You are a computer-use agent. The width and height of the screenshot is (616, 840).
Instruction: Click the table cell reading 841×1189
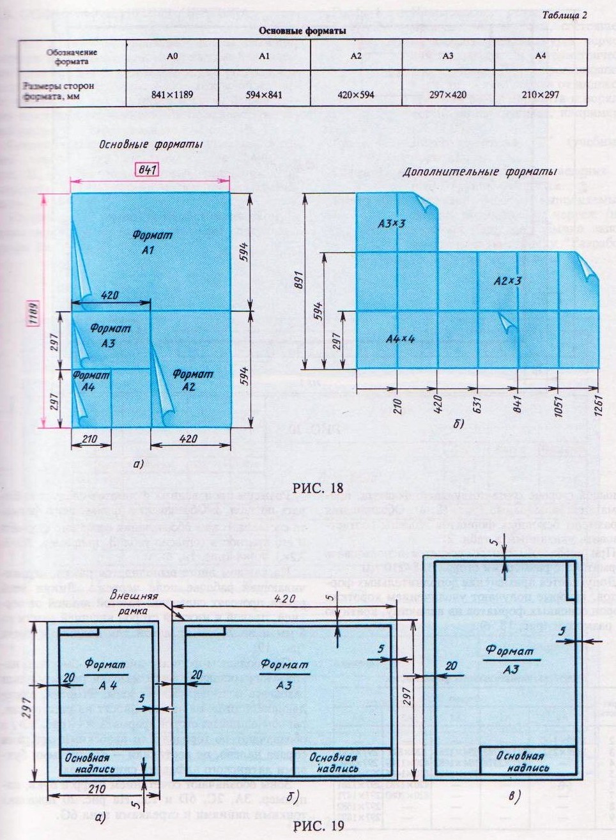pyautogui.click(x=172, y=95)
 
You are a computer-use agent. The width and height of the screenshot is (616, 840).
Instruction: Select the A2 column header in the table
pyautogui.click(x=356, y=56)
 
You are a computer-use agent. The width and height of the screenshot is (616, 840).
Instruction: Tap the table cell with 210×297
pyautogui.click(x=540, y=95)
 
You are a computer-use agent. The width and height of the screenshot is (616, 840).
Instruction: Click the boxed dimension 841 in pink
pyautogui.click(x=146, y=170)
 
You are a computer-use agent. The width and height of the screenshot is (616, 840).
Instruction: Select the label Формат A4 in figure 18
pyautogui.click(x=90, y=381)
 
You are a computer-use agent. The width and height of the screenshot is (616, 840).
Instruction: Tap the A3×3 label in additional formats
pyautogui.click(x=391, y=224)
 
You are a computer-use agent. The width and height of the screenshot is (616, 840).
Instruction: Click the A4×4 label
pyautogui.click(x=401, y=339)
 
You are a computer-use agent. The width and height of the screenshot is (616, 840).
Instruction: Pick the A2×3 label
pyautogui.click(x=508, y=280)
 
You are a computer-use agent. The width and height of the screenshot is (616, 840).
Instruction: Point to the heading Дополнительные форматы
pyautogui.click(x=479, y=172)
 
